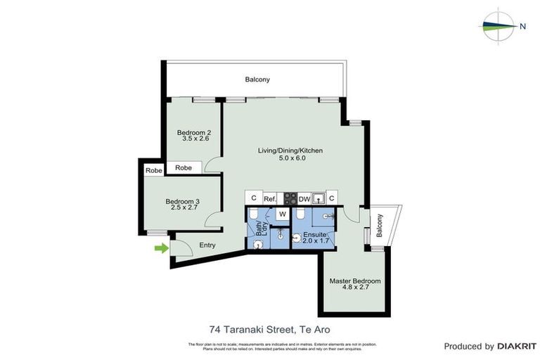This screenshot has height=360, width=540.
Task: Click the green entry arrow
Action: (162, 247)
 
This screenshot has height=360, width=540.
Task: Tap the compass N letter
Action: (522, 27)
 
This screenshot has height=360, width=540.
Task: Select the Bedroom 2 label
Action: (194, 133)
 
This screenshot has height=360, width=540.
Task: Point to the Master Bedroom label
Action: (355, 281)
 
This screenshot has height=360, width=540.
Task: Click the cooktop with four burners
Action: (290, 198)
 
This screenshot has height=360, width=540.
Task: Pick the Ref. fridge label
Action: (270, 199)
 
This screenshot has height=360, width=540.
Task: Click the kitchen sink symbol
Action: (319, 198)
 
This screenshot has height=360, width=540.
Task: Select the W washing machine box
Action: (282, 213)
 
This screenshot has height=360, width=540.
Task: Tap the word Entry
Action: (207, 245)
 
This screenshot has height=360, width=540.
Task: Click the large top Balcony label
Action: (257, 79)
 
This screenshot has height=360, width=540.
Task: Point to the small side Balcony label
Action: (380, 225)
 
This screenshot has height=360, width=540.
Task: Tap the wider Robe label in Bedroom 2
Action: (184, 168)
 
